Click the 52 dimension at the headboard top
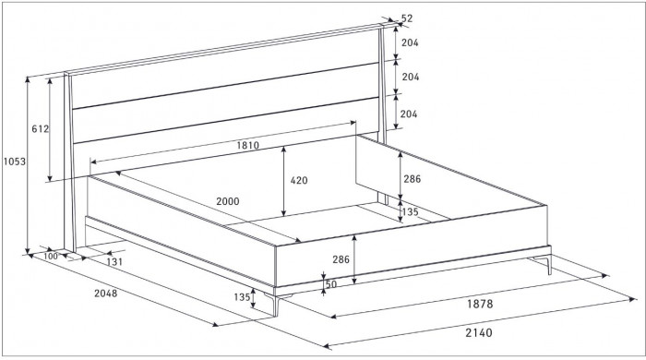pos(407,18)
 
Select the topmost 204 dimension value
pos(411,42)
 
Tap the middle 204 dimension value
pos(411,77)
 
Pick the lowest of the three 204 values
pos(409,114)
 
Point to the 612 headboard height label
pos(41,129)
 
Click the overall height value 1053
pos(15,162)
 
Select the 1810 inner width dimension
pos(248,145)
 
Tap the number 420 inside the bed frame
pos(299,180)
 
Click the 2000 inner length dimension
pos(228,201)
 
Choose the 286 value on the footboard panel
pos(341,259)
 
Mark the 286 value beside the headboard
pos(413,179)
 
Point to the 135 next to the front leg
pos(242,297)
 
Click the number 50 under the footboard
pos(330,284)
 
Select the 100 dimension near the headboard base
pos(51,257)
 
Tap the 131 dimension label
pos(114,261)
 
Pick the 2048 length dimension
pos(106,294)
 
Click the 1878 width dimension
pos(480,304)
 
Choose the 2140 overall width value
pos(479,332)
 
